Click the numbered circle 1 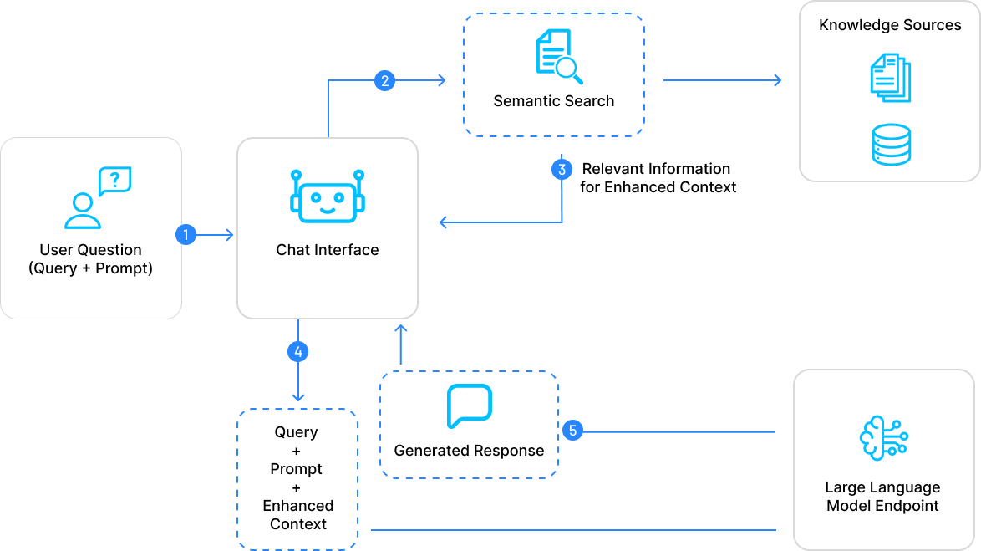click(x=186, y=235)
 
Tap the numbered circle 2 click(x=384, y=81)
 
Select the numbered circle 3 click(x=562, y=170)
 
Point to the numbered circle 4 click(x=297, y=351)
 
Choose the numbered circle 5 click(x=572, y=431)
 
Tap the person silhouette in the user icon click(x=82, y=212)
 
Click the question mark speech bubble click(x=115, y=181)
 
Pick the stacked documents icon click(x=891, y=78)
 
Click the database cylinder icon click(x=891, y=144)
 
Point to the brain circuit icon click(x=883, y=436)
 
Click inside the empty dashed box click(x=297, y=478)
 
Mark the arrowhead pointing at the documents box click(x=777, y=80)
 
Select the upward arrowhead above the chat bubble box click(x=400, y=329)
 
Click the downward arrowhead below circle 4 click(x=297, y=396)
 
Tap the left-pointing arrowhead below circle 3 click(x=445, y=222)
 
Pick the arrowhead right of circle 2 click(x=440, y=80)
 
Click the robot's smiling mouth click(x=327, y=209)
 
